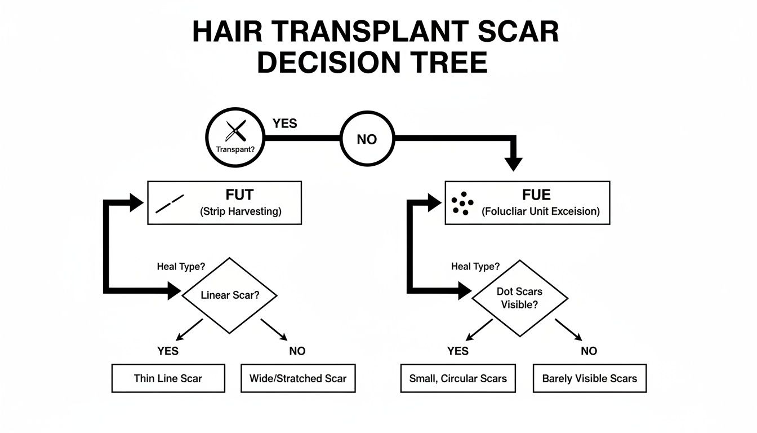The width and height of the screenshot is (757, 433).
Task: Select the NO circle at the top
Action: (x=367, y=139)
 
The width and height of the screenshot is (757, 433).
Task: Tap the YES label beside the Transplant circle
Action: (x=284, y=123)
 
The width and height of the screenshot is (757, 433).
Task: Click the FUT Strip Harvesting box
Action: (x=224, y=203)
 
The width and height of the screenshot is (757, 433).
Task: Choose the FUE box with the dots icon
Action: (x=527, y=203)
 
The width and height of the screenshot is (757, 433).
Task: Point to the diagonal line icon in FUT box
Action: (x=170, y=204)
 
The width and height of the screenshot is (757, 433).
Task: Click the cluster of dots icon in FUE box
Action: (x=462, y=203)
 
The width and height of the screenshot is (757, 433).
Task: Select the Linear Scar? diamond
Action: (x=230, y=295)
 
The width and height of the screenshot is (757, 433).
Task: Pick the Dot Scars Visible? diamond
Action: (x=519, y=298)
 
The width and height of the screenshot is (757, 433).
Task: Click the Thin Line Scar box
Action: (x=168, y=378)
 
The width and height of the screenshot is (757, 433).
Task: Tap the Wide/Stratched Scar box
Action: (x=298, y=378)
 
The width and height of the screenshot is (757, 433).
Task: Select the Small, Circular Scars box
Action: (x=458, y=378)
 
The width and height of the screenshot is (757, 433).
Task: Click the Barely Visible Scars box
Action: (x=590, y=378)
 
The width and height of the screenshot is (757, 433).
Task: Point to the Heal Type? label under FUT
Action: (x=181, y=267)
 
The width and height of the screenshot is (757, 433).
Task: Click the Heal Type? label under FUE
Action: (x=475, y=267)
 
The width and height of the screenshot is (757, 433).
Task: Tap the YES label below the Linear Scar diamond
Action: (x=168, y=351)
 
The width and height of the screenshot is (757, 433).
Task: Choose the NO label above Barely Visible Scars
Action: (x=589, y=351)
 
